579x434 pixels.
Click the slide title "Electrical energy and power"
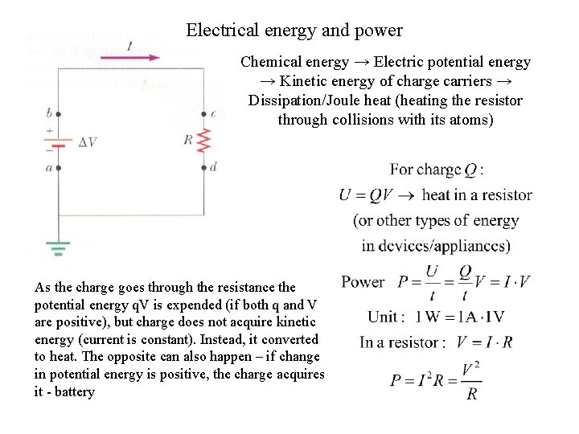294,31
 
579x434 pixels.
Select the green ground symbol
58,248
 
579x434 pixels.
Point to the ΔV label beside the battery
88,142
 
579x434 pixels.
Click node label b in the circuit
50,113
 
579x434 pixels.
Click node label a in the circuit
49,167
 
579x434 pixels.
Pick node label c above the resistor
212,113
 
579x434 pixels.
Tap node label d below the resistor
213,167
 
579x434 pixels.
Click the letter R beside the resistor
188,140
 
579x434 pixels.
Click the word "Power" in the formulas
363,281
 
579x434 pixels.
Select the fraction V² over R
471,381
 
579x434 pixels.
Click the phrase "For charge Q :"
437,170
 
